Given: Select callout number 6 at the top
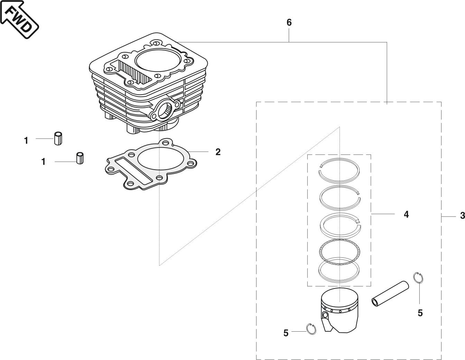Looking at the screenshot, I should coord(289,22).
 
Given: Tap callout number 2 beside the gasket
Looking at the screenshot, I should coord(218,152).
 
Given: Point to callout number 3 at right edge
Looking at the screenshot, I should coord(462,216).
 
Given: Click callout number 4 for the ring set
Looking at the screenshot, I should coord(406,214).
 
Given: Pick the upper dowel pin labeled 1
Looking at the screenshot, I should coord(58,138).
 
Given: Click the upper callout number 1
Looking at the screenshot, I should coord(26,141).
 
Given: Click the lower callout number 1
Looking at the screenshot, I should coord(43,161).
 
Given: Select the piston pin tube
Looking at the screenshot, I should coord(390,293).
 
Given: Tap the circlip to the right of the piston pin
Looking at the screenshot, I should coord(418,277).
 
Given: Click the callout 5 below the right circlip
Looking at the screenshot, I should coord(420,313).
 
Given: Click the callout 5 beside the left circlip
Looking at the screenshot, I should coord(286,333).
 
